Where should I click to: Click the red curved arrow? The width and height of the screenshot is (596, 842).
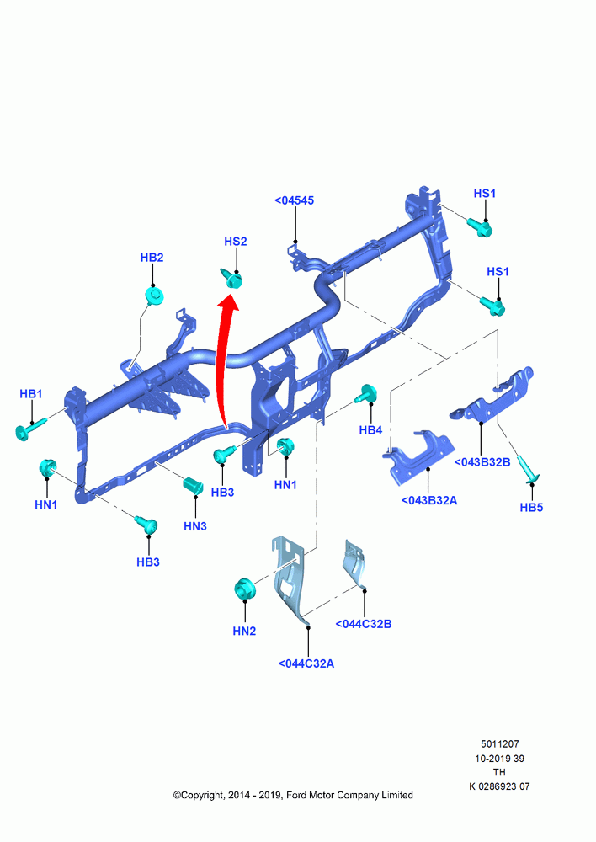coord(223,365)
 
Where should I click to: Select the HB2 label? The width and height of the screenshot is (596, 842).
coord(152,258)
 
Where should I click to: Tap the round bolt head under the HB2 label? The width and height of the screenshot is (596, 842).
coord(155,296)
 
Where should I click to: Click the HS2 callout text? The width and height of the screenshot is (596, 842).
coord(235,242)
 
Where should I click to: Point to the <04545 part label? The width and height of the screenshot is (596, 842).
coord(295,200)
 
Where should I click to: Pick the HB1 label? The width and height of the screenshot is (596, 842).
coord(30,393)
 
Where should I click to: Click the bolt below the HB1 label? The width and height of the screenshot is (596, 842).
coord(30,429)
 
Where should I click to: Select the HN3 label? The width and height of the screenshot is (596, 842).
coord(195,526)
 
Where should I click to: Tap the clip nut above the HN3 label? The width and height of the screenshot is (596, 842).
coord(194,485)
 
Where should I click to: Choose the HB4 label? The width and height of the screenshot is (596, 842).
coord(370,430)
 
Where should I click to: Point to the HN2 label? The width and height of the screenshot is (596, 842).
coord(244,631)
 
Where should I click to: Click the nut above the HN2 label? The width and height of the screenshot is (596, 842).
coord(245,589)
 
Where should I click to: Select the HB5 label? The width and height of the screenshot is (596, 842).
coord(531,507)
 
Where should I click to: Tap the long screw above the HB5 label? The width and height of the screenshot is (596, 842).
coord(529,469)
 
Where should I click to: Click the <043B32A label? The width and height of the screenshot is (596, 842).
coord(429,500)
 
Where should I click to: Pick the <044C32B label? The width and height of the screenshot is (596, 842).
coord(364,624)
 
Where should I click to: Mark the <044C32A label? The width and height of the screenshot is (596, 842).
coord(306,663)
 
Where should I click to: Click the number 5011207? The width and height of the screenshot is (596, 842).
coord(500,744)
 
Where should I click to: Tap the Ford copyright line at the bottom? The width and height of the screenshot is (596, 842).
coord(293,796)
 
